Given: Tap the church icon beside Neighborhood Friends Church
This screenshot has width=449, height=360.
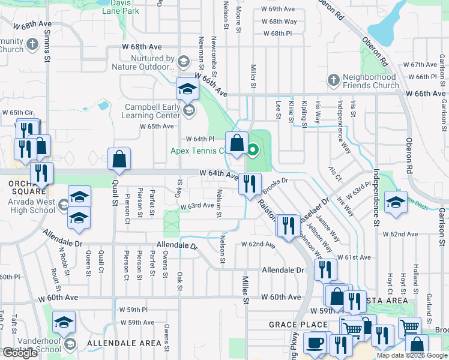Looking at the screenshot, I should [333, 80].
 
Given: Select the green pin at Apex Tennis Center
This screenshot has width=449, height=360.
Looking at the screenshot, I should [253, 149].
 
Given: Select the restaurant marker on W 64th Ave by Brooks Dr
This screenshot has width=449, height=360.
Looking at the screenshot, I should [250, 183].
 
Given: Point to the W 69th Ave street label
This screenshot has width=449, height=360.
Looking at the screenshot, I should [278, 10].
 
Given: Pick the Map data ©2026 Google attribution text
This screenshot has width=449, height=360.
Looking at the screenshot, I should [412, 355].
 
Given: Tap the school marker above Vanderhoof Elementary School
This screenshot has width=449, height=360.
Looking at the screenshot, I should [64, 322].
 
